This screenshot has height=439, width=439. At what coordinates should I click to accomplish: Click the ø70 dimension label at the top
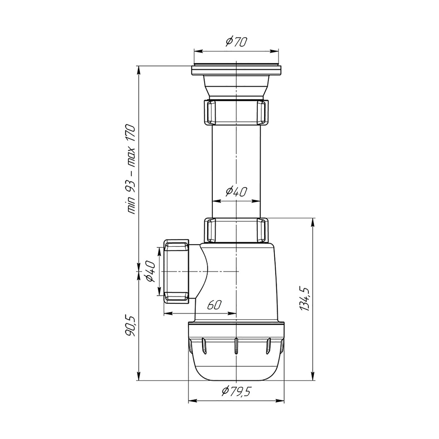(x=236, y=42)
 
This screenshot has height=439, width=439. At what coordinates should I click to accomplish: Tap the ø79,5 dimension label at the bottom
(x=236, y=391)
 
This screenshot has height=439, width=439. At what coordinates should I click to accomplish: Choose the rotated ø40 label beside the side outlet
(x=151, y=272)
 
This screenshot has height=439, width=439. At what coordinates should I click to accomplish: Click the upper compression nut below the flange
(x=236, y=112)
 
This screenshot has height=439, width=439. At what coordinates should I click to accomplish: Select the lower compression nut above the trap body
(x=236, y=230)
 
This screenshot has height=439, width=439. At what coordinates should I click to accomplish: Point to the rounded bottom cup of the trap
(x=236, y=366)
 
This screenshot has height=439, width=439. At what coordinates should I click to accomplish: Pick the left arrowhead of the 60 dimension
(x=168, y=313)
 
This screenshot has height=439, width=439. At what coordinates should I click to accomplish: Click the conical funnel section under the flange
(x=236, y=88)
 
